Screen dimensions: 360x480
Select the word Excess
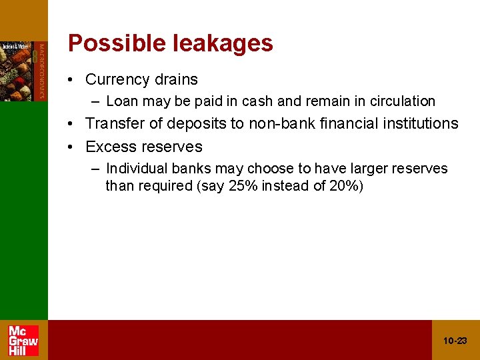click(x=110, y=147)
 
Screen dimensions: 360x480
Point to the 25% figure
click(x=243, y=186)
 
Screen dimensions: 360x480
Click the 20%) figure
click(x=347, y=186)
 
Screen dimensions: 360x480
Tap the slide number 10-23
click(x=455, y=341)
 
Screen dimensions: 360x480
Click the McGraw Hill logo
click(x=23, y=340)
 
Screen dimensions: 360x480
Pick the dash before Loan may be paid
click(x=97, y=102)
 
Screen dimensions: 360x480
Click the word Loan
click(x=121, y=101)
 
